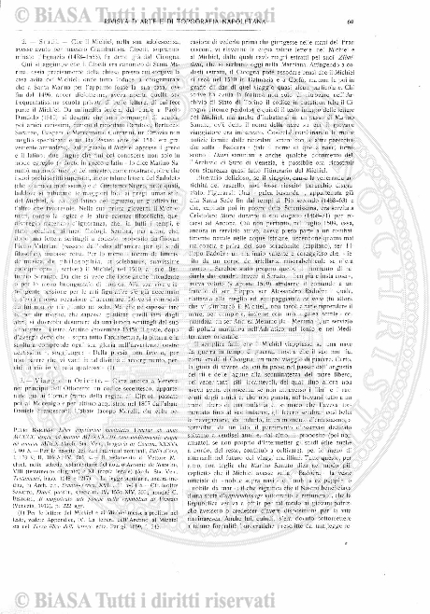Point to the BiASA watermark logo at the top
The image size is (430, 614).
(x=215, y=3)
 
